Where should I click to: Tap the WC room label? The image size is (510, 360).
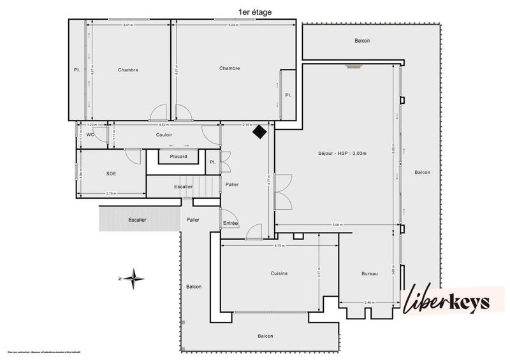[91, 134]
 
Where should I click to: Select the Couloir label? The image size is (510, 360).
[164, 135]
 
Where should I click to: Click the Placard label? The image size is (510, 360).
[173, 157]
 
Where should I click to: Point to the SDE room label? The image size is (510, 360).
[112, 173]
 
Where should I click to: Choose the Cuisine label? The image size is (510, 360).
[279, 273]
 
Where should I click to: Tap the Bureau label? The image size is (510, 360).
[370, 274]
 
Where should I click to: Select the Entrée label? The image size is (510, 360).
[230, 223]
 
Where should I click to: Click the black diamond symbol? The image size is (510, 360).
[259, 132]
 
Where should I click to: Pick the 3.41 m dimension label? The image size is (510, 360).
[128, 25]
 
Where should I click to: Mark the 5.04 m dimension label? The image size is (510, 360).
[233, 25]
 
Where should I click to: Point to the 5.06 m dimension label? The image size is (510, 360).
[337, 225]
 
